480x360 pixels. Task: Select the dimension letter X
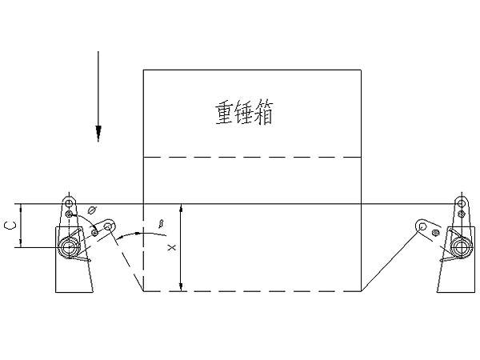pyautogui.click(x=171, y=249)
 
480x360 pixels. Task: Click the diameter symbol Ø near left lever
pyautogui.click(x=92, y=210)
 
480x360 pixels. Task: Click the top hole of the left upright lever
pyautogui.click(x=70, y=199)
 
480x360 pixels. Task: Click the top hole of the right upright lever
pyautogui.click(x=461, y=199)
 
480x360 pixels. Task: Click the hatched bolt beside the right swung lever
pyautogui.click(x=435, y=233)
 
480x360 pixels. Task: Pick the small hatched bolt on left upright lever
pyautogui.click(x=70, y=214)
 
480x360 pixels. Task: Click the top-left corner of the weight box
pyautogui.click(x=143, y=70)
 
